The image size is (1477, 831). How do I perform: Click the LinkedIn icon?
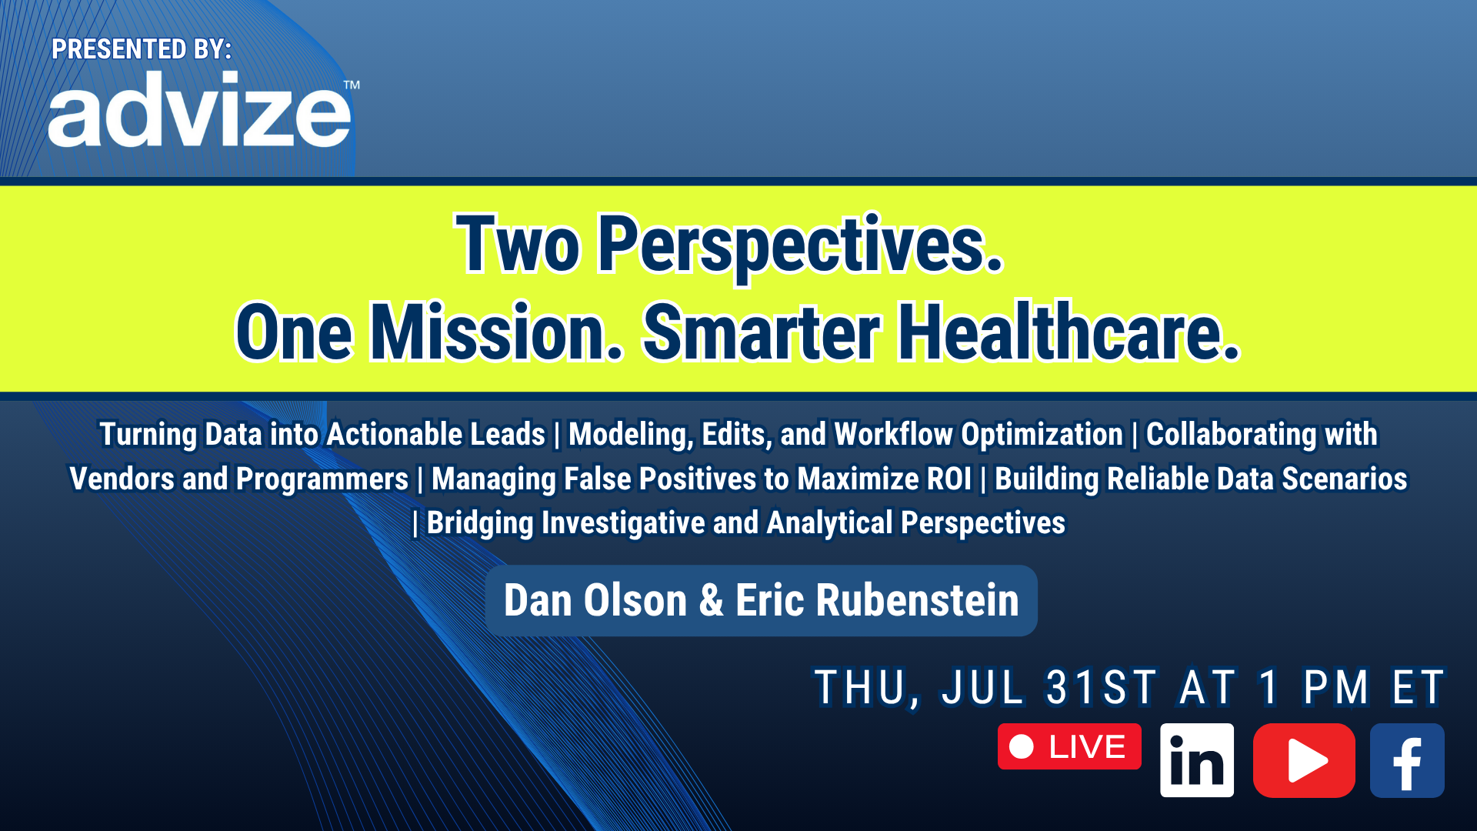(1197, 760)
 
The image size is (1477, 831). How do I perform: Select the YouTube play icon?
(1304, 760)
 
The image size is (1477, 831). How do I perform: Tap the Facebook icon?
(1407, 760)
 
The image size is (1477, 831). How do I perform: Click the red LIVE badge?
(1069, 746)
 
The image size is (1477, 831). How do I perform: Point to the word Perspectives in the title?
(801, 245)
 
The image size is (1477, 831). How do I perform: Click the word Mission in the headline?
(496, 332)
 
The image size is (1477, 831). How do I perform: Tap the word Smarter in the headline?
(762, 332)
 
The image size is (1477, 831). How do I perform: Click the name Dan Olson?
(595, 600)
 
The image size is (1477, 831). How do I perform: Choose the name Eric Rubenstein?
(877, 600)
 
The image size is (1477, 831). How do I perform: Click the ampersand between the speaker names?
(712, 600)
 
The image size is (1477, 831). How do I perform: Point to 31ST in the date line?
(1101, 687)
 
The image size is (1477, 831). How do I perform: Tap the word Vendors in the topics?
(122, 479)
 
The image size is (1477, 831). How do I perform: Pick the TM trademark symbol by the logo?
(352, 85)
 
